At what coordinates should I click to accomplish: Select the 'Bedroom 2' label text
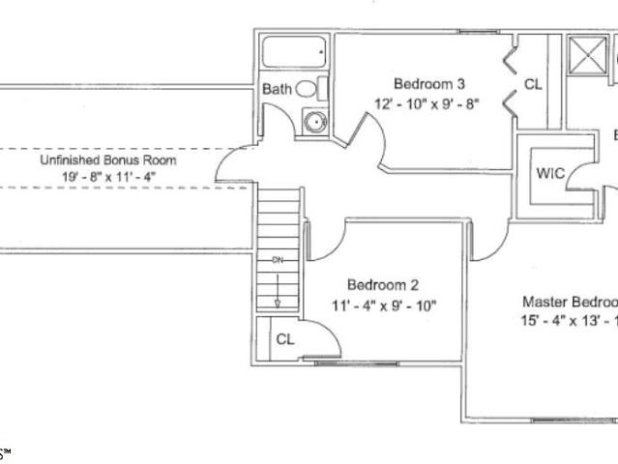pyautogui.click(x=383, y=285)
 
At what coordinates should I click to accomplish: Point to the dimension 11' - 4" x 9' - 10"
pyautogui.click(x=383, y=306)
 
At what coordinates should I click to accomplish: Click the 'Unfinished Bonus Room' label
pyautogui.click(x=107, y=160)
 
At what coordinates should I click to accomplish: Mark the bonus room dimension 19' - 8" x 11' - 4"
pyautogui.click(x=107, y=178)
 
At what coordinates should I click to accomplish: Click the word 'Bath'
pyautogui.click(x=277, y=90)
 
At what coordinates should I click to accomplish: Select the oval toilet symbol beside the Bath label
pyautogui.click(x=306, y=89)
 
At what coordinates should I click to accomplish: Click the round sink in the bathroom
pyautogui.click(x=314, y=123)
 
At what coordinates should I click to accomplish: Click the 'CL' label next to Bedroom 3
pyautogui.click(x=533, y=85)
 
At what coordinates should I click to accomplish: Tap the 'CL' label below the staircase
pyautogui.click(x=285, y=339)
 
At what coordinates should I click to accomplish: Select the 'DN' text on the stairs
pyautogui.click(x=277, y=261)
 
